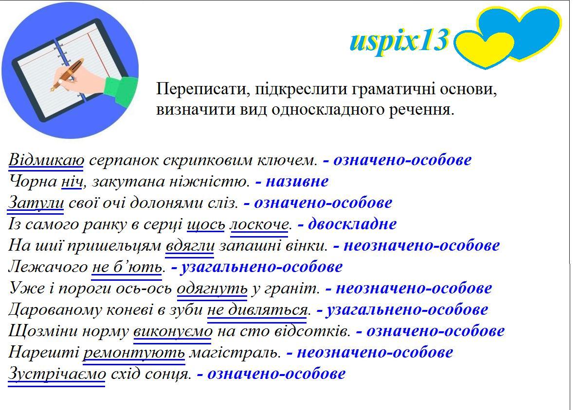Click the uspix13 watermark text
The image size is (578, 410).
coord(399,41)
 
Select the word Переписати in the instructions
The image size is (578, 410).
coord(199,89)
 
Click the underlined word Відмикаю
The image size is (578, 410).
coord(46,160)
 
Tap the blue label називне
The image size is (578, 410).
coord(297,182)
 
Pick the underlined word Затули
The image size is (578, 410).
coord(36,203)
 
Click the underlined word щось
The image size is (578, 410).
coord(206,224)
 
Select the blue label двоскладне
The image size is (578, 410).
coord(352,224)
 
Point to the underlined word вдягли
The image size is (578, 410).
coord(190,246)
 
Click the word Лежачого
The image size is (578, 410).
coord(48,267)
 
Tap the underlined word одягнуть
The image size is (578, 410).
coord(212,289)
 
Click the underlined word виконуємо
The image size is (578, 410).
coord(173,331)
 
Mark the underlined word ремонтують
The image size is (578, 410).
coord(134,353)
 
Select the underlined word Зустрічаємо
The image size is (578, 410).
coord(57,374)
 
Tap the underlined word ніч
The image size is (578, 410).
coord(72,182)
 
